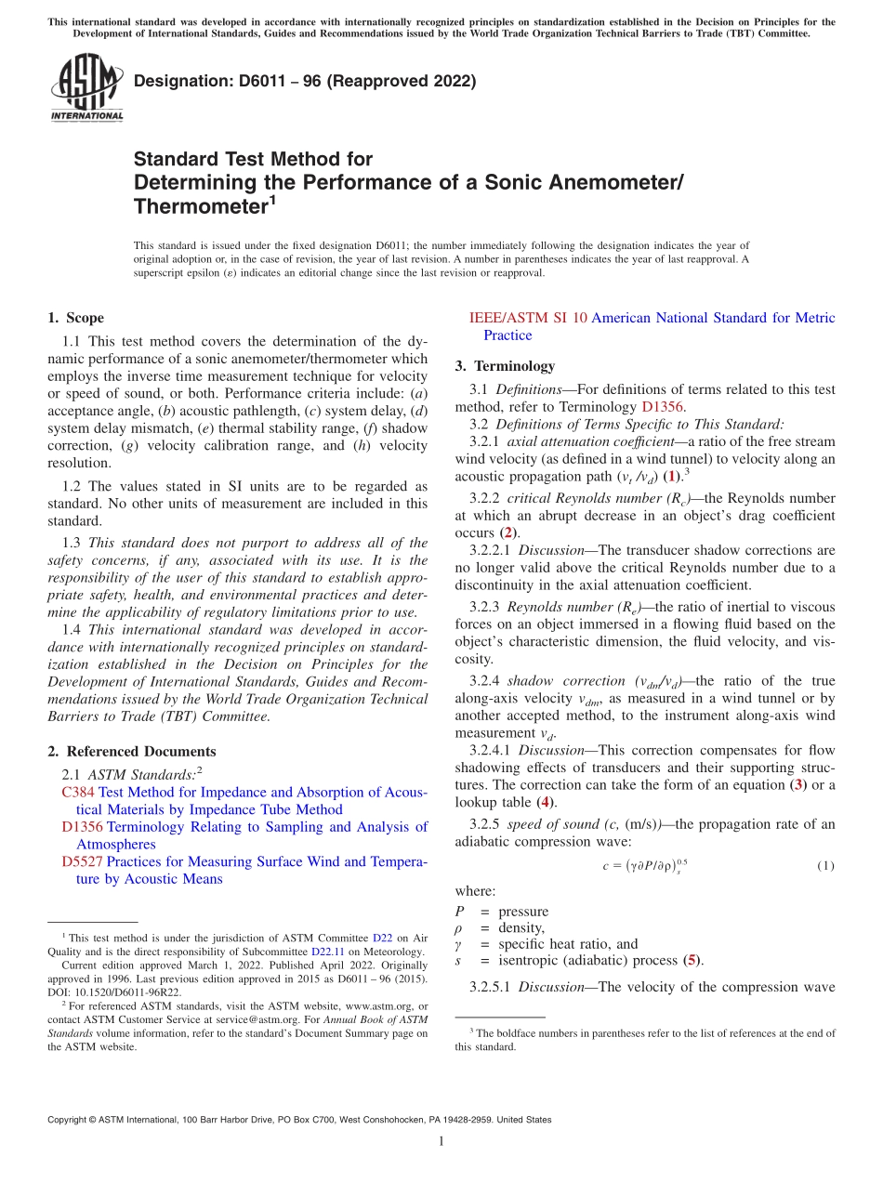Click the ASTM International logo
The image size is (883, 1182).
click(x=86, y=87)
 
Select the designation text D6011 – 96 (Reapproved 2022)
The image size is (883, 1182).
click(x=305, y=81)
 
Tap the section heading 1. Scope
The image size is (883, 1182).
click(x=75, y=318)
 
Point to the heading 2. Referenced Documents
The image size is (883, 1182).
click(x=131, y=752)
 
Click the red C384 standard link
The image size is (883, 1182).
click(x=78, y=793)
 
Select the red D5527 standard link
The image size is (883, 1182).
click(x=82, y=861)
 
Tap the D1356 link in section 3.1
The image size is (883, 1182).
click(x=663, y=407)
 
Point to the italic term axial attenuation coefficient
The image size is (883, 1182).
click(x=590, y=441)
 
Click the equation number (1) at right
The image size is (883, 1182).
click(x=825, y=866)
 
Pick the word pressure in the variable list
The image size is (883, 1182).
click(x=523, y=911)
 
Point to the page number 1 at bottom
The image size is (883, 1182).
click(x=441, y=1142)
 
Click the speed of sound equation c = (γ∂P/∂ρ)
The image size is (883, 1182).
click(x=644, y=866)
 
